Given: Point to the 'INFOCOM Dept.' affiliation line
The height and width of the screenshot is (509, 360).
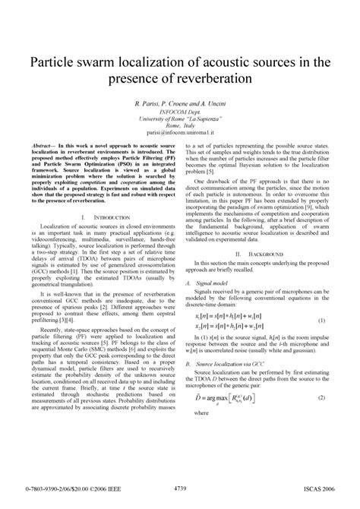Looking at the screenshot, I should (x=180, y=112).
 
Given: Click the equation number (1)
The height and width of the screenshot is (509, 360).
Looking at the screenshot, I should (x=322, y=321).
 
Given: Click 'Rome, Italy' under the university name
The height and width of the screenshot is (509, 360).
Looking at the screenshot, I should (x=180, y=125).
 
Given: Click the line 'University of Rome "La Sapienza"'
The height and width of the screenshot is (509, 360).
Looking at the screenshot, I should (x=180, y=119).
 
